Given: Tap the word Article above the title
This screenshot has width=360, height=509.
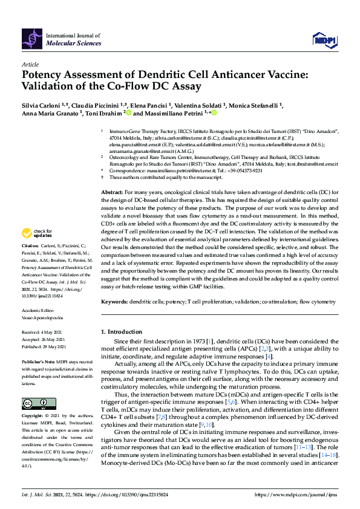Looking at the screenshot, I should pos(30,63).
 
